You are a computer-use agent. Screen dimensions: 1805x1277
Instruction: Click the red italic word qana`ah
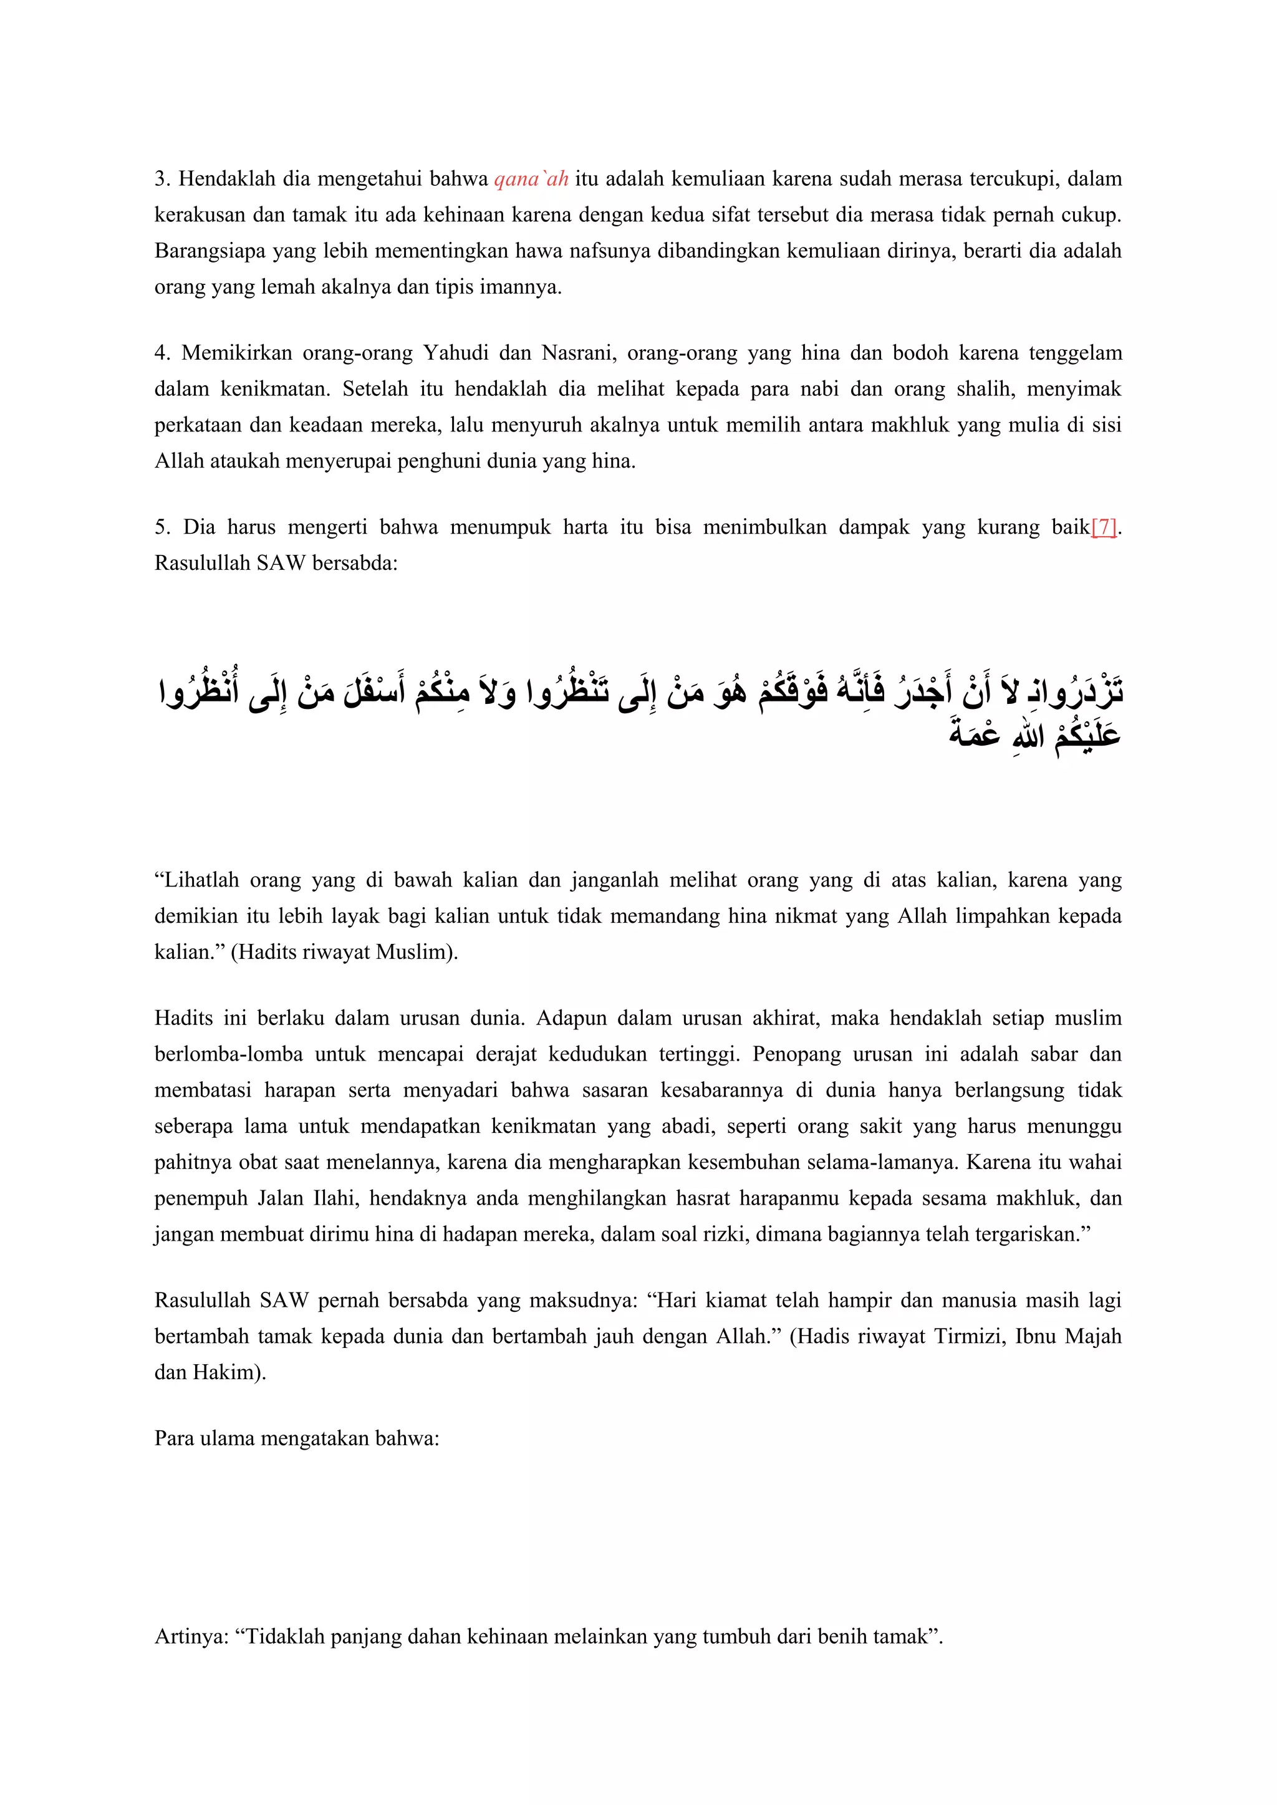(x=531, y=179)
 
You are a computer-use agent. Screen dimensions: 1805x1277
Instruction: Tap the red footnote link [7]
(x=1104, y=527)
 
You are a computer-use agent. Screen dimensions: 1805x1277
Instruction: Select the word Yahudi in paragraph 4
(x=455, y=353)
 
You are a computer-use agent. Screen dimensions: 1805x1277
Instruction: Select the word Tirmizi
(x=969, y=1337)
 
